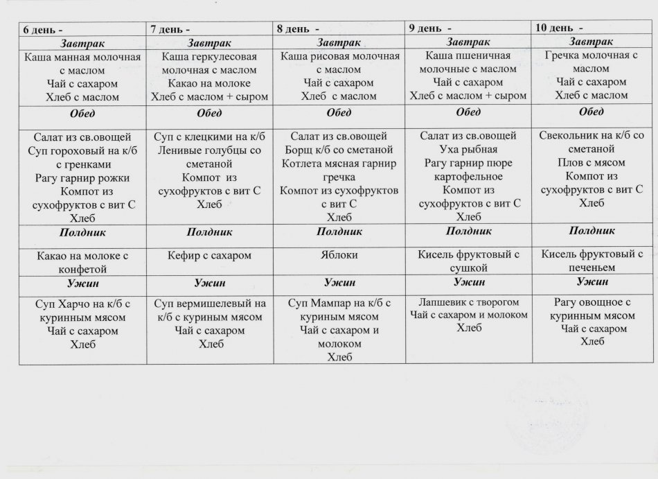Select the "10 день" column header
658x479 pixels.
point(555,28)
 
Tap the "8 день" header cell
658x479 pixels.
point(295,29)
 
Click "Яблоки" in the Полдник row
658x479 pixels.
point(339,254)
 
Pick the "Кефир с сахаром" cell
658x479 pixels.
point(209,255)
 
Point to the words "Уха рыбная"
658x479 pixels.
point(468,149)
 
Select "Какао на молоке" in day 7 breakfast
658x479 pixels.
point(209,83)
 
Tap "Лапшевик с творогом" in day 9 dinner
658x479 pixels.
point(468,302)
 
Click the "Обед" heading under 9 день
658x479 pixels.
point(468,112)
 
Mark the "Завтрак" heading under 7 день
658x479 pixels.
point(209,43)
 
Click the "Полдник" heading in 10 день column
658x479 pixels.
point(591,230)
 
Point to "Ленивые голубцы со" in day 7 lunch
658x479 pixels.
point(209,150)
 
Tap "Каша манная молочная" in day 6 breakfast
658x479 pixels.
point(82,57)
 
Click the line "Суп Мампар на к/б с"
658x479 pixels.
point(339,303)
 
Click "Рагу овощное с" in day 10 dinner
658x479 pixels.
point(591,302)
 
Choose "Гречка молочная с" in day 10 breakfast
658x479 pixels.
point(591,55)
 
